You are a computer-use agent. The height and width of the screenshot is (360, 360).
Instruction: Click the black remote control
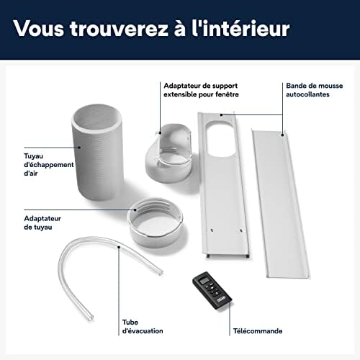(x=212, y=290)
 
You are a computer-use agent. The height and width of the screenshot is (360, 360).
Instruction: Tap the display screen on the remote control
(x=204, y=280)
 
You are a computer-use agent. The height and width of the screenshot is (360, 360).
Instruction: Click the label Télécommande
(x=258, y=331)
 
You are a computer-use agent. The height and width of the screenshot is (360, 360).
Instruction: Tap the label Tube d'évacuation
(x=143, y=326)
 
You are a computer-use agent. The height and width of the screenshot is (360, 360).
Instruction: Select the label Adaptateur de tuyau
(x=42, y=222)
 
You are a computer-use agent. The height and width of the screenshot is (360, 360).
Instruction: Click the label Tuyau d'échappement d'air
(x=49, y=165)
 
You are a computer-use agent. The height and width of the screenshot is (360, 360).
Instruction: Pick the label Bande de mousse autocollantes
(x=315, y=90)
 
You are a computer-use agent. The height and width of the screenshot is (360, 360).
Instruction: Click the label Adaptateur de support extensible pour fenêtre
(x=201, y=90)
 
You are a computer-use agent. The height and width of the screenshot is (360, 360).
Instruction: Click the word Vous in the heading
(x=39, y=29)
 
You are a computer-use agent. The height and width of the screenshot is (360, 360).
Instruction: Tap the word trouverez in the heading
(x=120, y=29)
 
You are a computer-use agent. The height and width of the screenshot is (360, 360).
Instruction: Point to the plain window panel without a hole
(x=280, y=204)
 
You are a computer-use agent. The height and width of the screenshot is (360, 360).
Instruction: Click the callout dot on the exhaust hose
(x=79, y=147)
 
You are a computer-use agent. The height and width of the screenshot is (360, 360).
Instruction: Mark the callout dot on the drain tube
(x=119, y=247)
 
